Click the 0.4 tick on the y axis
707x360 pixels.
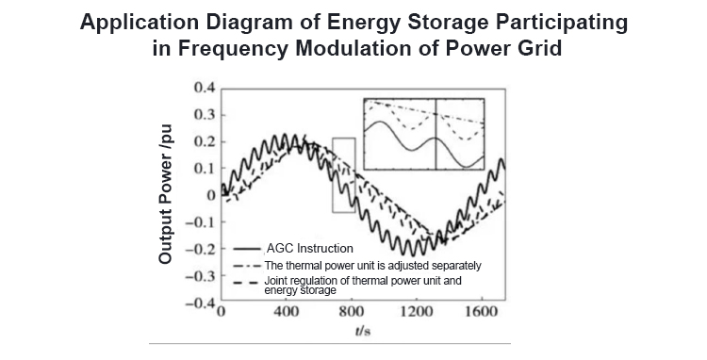(x=204, y=88)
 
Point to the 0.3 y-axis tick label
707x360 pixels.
(x=204, y=115)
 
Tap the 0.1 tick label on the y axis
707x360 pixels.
(x=204, y=169)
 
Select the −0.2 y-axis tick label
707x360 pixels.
(x=200, y=250)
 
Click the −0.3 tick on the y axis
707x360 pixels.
(x=200, y=277)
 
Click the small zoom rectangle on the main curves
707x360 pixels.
(x=343, y=174)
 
